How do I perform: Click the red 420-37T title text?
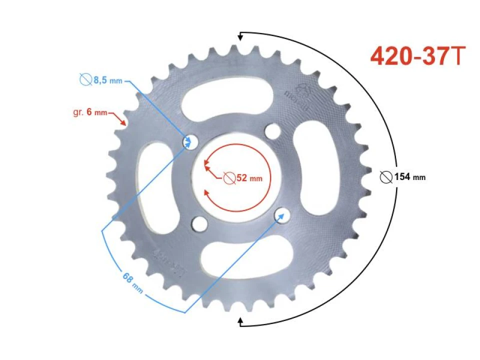pyautogui.click(x=418, y=56)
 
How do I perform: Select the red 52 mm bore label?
pyautogui.click(x=248, y=178)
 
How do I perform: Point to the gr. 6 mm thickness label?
pyautogui.click(x=90, y=112)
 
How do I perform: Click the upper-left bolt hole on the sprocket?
pyautogui.click(x=189, y=142)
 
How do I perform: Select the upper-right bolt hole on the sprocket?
pyautogui.click(x=272, y=131)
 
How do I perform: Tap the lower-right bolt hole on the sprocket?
pyautogui.click(x=282, y=215)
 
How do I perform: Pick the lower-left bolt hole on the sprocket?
pyautogui.click(x=199, y=223)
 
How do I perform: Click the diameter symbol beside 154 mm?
pyautogui.click(x=386, y=176)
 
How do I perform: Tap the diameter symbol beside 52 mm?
pyautogui.click(x=229, y=178)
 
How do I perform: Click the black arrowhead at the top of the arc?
pyautogui.click(x=241, y=36)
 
